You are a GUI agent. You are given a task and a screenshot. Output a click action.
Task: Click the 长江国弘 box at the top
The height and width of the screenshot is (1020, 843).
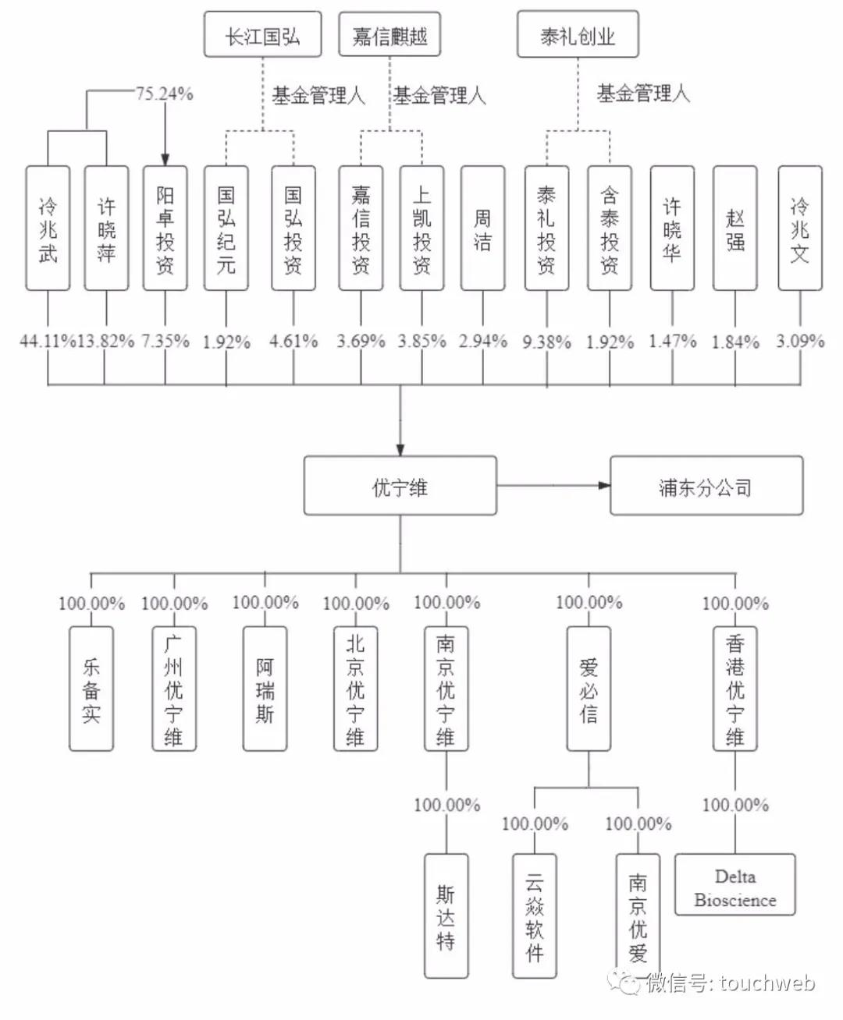pyautogui.click(x=262, y=35)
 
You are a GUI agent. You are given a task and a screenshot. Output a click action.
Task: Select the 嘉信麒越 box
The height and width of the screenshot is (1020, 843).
pyautogui.click(x=389, y=35)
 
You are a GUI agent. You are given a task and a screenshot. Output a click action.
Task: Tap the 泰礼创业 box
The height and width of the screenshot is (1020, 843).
pyautogui.click(x=577, y=35)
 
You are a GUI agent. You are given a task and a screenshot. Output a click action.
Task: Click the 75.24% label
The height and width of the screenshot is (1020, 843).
pyautogui.click(x=165, y=94)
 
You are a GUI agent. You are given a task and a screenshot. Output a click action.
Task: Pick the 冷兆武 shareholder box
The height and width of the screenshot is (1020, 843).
pyautogui.click(x=48, y=228)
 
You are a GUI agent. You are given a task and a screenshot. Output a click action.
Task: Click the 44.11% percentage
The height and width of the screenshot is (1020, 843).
pyautogui.click(x=48, y=341)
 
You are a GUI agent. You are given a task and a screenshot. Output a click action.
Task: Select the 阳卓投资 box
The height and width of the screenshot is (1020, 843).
pyautogui.click(x=165, y=228)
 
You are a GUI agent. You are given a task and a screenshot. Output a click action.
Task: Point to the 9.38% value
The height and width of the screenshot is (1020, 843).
pyautogui.click(x=546, y=342)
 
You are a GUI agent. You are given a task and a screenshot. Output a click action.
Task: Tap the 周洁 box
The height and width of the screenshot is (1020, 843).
pyautogui.click(x=482, y=228)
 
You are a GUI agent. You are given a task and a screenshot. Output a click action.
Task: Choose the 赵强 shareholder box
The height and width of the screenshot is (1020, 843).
pyautogui.click(x=735, y=228)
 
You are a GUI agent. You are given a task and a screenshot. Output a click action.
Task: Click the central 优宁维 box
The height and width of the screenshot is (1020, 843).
pyautogui.click(x=400, y=487)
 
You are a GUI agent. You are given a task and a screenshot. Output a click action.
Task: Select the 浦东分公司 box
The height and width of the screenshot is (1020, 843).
pyautogui.click(x=706, y=487)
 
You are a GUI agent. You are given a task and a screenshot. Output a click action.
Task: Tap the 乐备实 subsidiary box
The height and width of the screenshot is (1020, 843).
pyautogui.click(x=91, y=689)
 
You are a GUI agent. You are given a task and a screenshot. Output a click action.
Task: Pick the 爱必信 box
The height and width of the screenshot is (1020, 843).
pyautogui.click(x=589, y=689)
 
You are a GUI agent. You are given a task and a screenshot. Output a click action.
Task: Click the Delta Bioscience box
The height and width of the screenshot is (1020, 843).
pyautogui.click(x=735, y=884)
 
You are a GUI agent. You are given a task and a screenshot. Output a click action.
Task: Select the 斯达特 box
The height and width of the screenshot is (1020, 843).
pyautogui.click(x=446, y=916)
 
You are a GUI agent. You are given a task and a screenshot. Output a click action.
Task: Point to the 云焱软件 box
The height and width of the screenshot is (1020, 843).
pyautogui.click(x=534, y=916)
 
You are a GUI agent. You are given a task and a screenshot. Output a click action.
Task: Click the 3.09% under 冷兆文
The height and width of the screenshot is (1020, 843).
pyautogui.click(x=800, y=341)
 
